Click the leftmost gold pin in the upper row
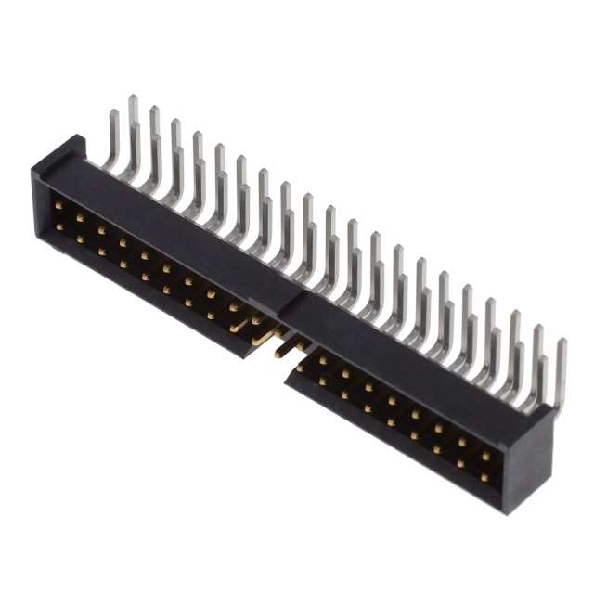tap(58, 202)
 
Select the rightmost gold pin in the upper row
tap(485, 456)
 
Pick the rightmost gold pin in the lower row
tap(484, 478)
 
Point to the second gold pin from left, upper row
tap(80, 215)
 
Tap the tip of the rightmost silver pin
tap(561, 345)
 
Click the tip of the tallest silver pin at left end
tap(133, 100)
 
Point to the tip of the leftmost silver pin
tap(113, 115)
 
